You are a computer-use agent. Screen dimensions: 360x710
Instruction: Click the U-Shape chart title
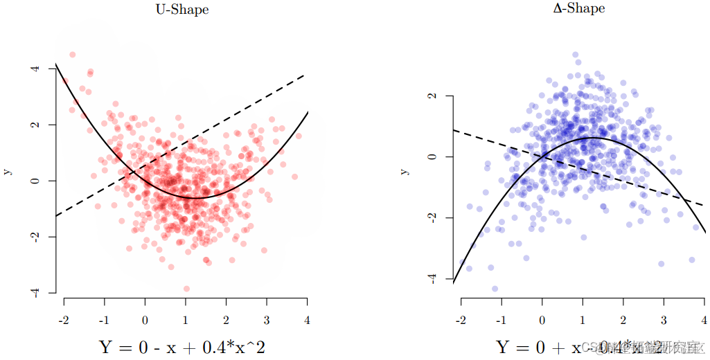(x=182, y=10)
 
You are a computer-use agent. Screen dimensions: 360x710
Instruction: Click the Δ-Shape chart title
(x=581, y=8)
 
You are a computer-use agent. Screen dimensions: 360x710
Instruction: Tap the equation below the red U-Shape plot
(x=182, y=346)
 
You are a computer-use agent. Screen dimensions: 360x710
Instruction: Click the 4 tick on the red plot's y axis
(x=33, y=69)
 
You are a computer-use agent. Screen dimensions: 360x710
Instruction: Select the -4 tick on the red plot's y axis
(x=33, y=293)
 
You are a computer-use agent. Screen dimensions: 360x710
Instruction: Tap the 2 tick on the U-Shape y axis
(x=33, y=125)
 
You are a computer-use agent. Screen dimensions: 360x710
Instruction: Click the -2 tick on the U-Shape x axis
(x=64, y=321)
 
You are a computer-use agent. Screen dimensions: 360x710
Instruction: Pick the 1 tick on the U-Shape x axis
(x=186, y=321)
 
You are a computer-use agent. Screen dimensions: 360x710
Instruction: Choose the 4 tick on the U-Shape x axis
(x=307, y=321)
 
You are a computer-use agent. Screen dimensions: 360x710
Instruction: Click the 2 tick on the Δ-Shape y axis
(x=432, y=96)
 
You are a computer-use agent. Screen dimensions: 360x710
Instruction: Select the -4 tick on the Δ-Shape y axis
(x=432, y=278)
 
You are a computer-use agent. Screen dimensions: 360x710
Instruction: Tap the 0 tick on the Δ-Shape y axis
(x=432, y=156)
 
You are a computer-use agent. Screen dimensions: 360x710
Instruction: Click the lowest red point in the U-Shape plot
(x=186, y=289)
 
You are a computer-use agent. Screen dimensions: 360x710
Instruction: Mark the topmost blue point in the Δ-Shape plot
(x=575, y=55)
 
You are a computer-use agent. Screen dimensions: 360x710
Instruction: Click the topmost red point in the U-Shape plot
(x=73, y=55)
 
